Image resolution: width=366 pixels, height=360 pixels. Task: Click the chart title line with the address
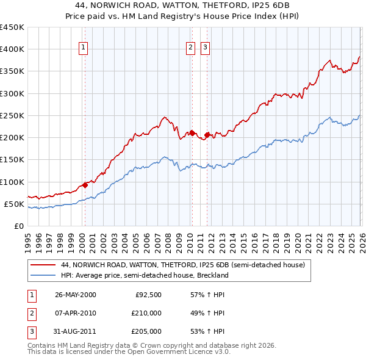183,5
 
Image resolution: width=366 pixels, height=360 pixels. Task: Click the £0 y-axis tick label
18,226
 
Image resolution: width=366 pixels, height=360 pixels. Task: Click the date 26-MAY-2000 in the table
76,295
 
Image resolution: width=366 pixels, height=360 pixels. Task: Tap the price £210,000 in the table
146,313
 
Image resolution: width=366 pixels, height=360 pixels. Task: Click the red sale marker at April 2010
192,132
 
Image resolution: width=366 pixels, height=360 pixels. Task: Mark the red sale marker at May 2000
85,185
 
